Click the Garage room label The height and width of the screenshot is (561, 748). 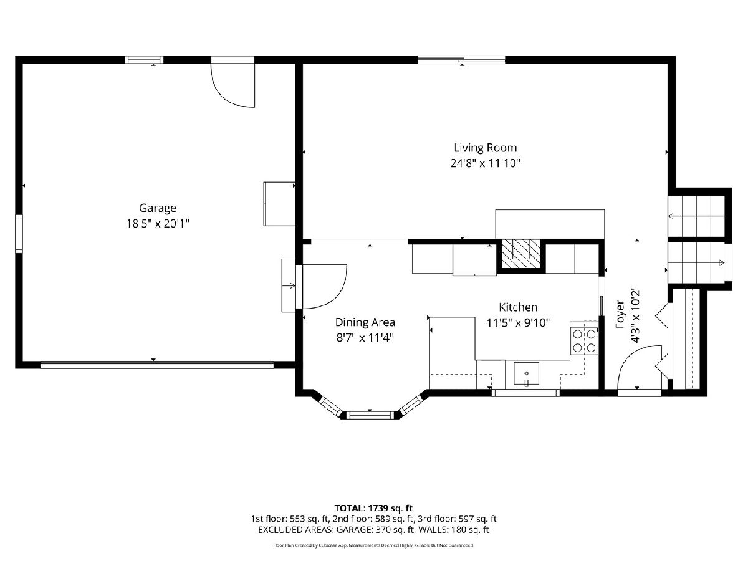(158, 208)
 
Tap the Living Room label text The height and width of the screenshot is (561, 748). (485, 148)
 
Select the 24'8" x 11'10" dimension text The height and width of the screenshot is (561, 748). (485, 163)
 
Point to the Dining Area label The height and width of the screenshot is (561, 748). (365, 322)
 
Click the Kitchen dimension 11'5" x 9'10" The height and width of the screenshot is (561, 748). (518, 322)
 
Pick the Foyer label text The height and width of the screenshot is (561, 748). (620, 314)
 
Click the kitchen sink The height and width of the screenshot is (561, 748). (527, 373)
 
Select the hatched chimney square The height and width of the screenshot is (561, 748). (521, 254)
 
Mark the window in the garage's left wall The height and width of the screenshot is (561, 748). (19, 234)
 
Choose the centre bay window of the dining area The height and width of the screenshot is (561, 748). (370, 415)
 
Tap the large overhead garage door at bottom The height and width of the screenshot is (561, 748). (156, 365)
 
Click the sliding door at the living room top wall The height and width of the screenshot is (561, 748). (461, 60)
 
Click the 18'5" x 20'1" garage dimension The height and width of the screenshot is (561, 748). (158, 224)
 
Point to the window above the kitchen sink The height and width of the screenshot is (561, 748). (526, 393)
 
